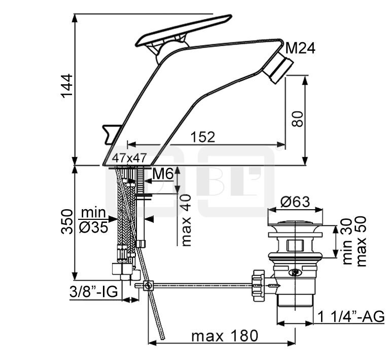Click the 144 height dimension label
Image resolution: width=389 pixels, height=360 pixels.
pyautogui.click(x=67, y=86)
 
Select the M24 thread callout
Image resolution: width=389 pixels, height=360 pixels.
pyautogui.click(x=300, y=48)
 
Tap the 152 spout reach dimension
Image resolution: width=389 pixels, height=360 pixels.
pyautogui.click(x=203, y=137)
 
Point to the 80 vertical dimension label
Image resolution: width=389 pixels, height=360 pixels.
pyautogui.click(x=297, y=119)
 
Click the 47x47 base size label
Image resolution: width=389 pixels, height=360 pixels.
pyautogui.click(x=129, y=158)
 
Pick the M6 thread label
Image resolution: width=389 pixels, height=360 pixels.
pyautogui.click(x=162, y=174)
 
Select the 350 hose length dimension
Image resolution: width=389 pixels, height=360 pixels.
pyautogui.click(x=67, y=221)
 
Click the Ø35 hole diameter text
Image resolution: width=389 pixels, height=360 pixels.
pyautogui.click(x=93, y=227)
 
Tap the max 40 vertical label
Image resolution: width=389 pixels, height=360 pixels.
pyautogui.click(x=186, y=220)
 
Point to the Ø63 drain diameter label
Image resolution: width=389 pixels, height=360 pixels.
pyautogui.click(x=295, y=202)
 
